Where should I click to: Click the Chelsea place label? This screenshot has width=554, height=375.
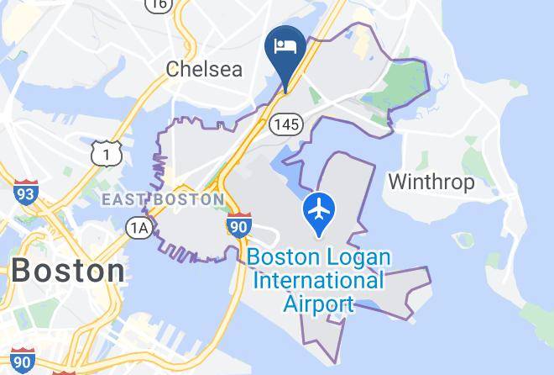(204, 68)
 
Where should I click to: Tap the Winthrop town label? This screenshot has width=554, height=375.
(431, 181)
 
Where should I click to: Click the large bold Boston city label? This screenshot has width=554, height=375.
(67, 271)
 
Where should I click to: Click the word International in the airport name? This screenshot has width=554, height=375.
(319, 280)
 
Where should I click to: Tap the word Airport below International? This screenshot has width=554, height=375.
(318, 303)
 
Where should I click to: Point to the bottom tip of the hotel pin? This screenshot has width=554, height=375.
(285, 91)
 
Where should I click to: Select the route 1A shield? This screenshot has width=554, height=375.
(139, 227)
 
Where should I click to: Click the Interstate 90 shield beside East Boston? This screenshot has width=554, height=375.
(238, 225)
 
